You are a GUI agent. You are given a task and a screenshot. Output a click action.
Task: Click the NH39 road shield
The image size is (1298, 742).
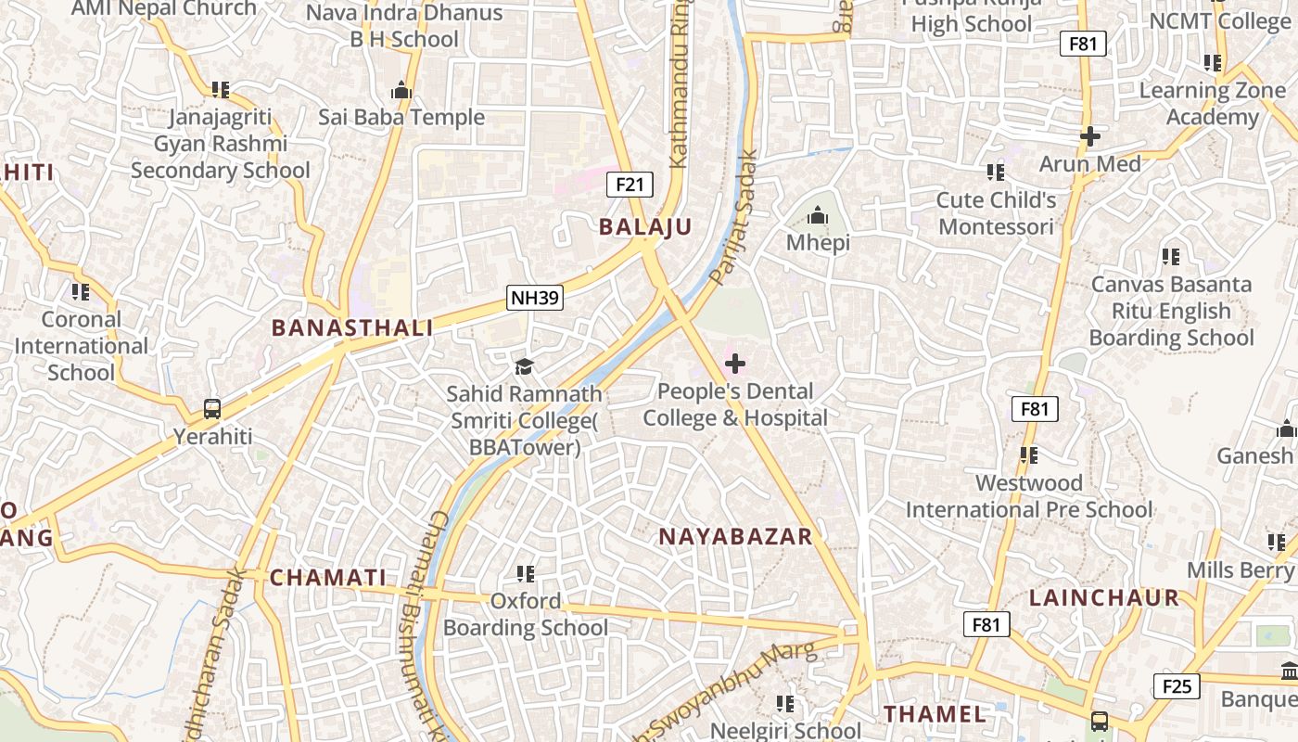535,298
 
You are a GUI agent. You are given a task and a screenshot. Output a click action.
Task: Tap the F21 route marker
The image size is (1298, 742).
630,184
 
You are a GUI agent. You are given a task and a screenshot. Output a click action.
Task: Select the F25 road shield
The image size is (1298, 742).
1177,686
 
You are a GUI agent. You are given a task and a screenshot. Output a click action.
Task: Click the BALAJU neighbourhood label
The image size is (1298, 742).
645,227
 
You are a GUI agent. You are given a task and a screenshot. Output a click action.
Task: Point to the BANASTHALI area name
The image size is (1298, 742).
352,327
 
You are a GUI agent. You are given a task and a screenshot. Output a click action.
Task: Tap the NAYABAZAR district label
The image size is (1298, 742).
735,536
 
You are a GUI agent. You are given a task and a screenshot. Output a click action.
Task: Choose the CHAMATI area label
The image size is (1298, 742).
327,578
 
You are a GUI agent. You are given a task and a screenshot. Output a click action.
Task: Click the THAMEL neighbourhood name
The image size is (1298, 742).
935,714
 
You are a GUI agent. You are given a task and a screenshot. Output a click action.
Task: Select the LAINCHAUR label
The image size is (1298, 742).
1104,598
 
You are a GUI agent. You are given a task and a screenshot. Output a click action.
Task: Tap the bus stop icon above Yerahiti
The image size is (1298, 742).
212,408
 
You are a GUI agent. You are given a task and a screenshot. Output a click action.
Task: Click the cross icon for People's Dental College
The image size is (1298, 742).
735,364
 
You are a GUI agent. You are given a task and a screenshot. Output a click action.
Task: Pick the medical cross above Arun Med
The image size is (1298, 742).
1090,136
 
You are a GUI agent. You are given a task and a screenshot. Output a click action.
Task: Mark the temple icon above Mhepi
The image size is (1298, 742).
818,216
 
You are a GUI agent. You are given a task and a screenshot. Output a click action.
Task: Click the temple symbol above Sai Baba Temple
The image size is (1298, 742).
401,90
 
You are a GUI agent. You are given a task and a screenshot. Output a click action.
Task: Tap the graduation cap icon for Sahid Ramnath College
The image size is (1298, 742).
525,366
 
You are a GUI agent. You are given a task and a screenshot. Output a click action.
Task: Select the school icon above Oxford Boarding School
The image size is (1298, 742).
526,574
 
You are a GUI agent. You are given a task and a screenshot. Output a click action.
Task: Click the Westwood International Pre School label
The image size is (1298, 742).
1029,496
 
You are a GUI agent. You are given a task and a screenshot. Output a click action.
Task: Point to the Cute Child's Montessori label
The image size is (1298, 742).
997,213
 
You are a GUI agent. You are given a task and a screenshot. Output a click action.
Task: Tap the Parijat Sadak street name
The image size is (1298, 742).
733,218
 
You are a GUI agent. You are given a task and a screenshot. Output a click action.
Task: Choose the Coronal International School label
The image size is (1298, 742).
82,346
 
